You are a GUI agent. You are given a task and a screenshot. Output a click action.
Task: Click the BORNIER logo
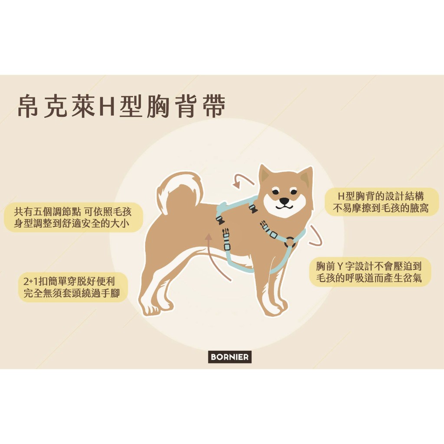230,357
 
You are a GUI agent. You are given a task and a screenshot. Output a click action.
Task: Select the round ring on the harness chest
290,242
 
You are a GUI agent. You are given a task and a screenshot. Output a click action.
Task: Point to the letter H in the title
105,106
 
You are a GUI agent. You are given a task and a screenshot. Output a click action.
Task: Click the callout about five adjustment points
73,218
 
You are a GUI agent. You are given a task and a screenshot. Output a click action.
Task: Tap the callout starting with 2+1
72,287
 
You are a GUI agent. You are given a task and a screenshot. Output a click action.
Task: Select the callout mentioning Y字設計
369,272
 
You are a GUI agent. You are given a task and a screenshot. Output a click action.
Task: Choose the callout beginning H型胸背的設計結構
381,202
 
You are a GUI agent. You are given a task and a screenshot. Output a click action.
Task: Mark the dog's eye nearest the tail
275,192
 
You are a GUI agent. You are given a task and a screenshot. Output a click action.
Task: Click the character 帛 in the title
28,106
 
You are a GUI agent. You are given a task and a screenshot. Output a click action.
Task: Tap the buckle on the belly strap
226,239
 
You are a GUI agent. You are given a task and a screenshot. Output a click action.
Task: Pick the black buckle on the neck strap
253,209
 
